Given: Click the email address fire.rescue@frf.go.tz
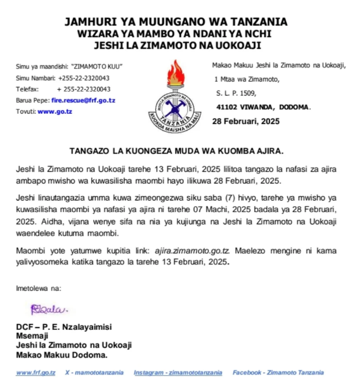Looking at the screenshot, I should click(83, 100).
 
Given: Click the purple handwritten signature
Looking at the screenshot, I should click(45, 308).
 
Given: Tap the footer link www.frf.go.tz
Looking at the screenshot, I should click(36, 372).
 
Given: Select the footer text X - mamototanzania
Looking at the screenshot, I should click(94, 372).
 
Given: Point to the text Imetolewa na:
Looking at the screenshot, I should click(39, 288).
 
